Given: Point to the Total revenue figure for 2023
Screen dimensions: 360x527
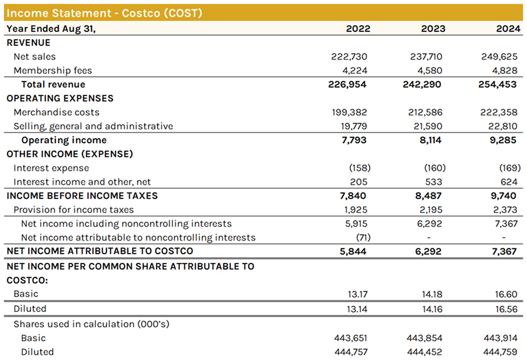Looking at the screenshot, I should [423, 85].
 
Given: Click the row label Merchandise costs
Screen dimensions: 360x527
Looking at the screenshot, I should [56, 112].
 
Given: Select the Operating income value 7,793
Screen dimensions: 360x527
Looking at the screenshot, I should [354, 140].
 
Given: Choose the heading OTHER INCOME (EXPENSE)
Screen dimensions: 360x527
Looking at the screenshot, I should [70, 154].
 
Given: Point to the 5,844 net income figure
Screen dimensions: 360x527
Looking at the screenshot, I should [354, 252].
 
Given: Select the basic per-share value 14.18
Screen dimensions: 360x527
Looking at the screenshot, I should [432, 294].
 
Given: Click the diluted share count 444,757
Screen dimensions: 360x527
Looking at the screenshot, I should [351, 352].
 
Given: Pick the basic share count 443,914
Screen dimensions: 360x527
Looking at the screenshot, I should [501, 338].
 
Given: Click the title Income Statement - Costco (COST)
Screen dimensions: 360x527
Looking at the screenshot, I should [104, 13].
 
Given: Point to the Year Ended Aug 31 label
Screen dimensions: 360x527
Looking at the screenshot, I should [51, 28].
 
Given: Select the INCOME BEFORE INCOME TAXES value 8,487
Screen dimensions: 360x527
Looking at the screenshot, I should [429, 196].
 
